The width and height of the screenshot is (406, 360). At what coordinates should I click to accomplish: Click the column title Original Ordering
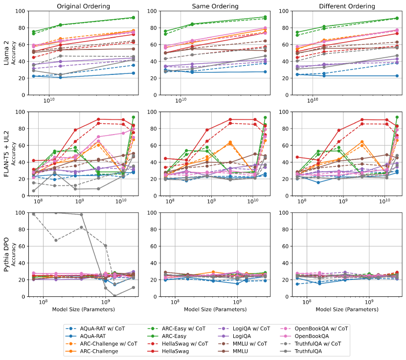83,6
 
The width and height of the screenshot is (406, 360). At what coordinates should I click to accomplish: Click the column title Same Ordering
214,6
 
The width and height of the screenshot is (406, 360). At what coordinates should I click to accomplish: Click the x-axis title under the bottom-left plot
83,309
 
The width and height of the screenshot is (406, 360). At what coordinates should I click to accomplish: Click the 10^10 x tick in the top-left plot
49,101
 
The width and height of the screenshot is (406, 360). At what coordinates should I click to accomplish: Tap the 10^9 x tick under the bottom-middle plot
237,303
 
